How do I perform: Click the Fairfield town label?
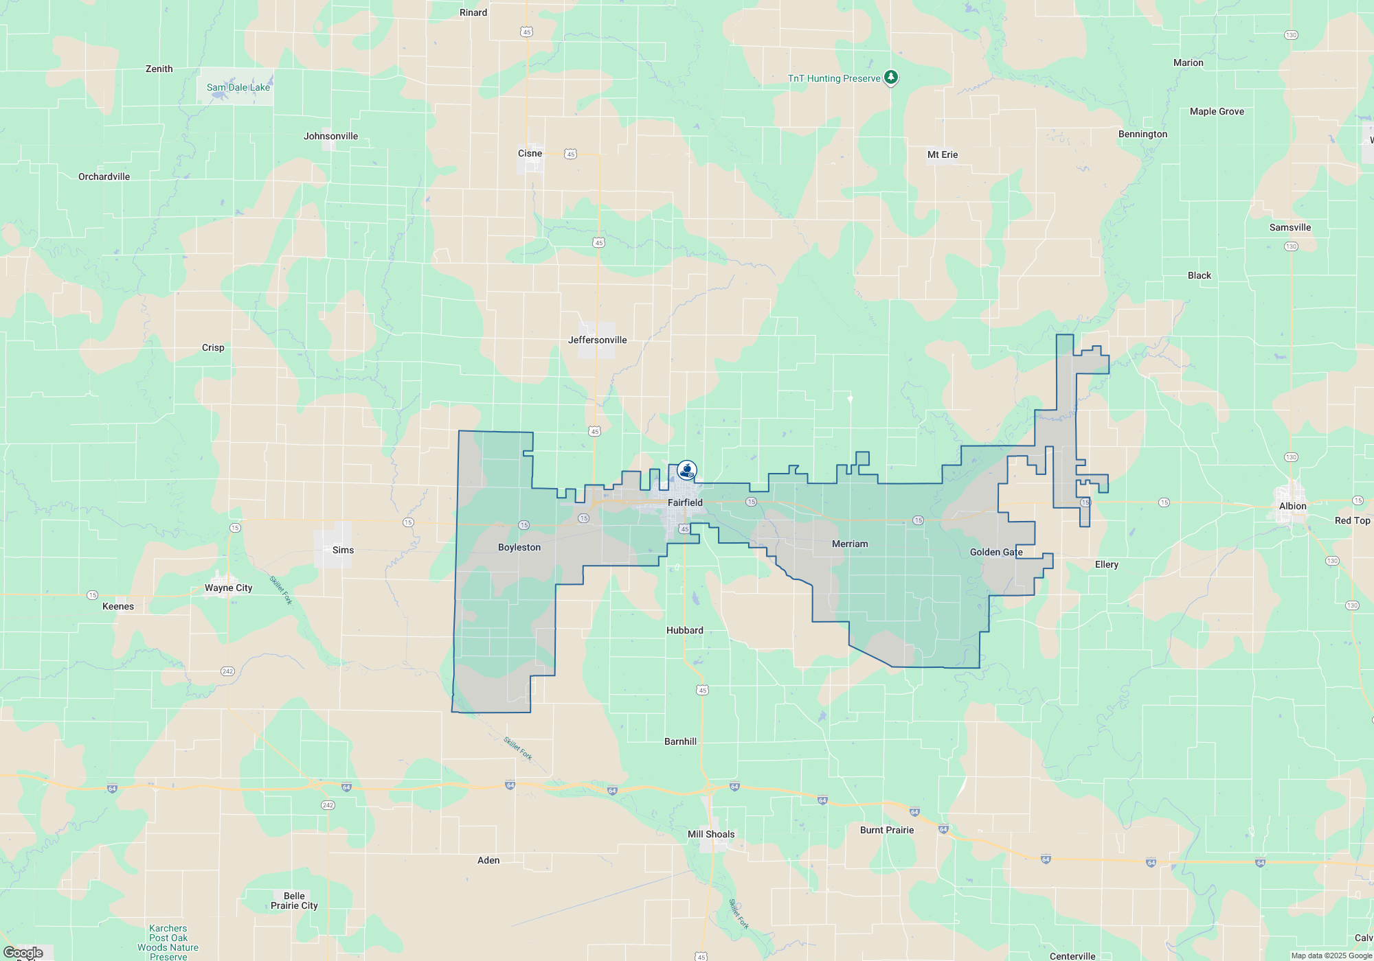(x=685, y=502)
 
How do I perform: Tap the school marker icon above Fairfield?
(x=686, y=470)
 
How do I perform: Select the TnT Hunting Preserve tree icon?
(x=890, y=77)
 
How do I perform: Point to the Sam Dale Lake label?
(x=238, y=87)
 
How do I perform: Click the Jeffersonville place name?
(x=597, y=340)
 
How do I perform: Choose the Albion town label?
(x=1292, y=506)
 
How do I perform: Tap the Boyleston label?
(x=519, y=547)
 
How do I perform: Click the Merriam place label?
(x=850, y=544)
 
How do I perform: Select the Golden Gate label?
(x=995, y=552)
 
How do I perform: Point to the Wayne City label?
(x=228, y=588)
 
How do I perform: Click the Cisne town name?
(x=530, y=153)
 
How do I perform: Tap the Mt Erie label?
(x=942, y=154)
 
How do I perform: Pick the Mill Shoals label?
(x=710, y=834)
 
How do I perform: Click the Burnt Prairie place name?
(x=886, y=830)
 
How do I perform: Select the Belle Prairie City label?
(x=294, y=901)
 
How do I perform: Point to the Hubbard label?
(x=684, y=630)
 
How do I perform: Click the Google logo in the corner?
(x=23, y=952)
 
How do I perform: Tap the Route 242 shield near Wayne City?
(x=227, y=671)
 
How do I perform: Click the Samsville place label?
(x=1289, y=227)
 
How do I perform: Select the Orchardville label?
(x=104, y=176)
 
